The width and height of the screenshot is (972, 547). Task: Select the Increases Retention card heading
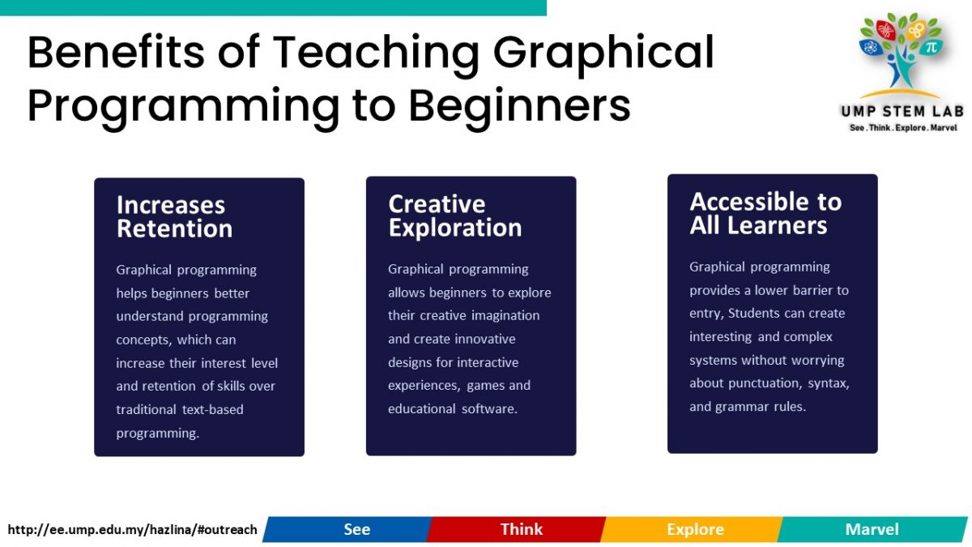(x=174, y=217)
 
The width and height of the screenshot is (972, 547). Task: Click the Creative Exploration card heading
(x=454, y=216)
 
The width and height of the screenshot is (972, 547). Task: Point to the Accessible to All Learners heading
(x=765, y=213)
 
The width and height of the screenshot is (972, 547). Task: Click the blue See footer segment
(x=347, y=529)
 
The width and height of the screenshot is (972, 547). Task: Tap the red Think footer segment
(x=517, y=529)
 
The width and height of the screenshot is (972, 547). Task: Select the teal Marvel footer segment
(x=872, y=529)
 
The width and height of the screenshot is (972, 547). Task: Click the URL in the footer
(x=132, y=530)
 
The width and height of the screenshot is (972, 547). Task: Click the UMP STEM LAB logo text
(x=902, y=112)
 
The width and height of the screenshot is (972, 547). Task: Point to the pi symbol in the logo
(x=931, y=47)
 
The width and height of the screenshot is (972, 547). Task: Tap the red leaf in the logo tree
(x=885, y=29)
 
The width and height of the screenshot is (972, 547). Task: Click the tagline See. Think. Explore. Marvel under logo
(x=903, y=128)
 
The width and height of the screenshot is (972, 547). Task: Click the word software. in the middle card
(x=489, y=409)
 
